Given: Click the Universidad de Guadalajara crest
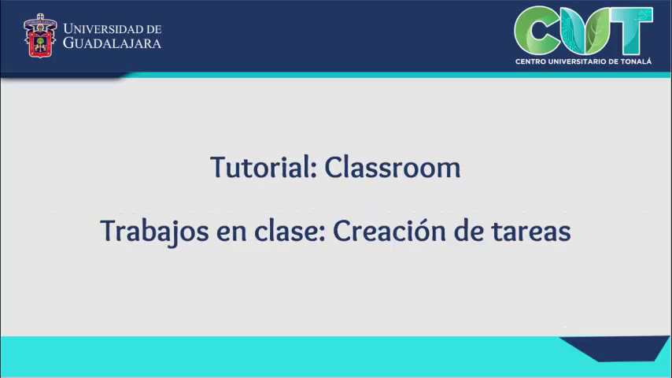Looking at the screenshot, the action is (x=40, y=35).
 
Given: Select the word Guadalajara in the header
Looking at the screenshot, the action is (x=112, y=43).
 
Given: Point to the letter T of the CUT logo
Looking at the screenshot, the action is (x=631, y=30).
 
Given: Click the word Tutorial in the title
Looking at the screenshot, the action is (x=260, y=167).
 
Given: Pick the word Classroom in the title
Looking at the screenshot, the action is (x=393, y=167).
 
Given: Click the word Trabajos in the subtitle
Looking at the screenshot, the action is (x=155, y=232).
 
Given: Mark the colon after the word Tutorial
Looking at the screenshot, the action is (x=314, y=170).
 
